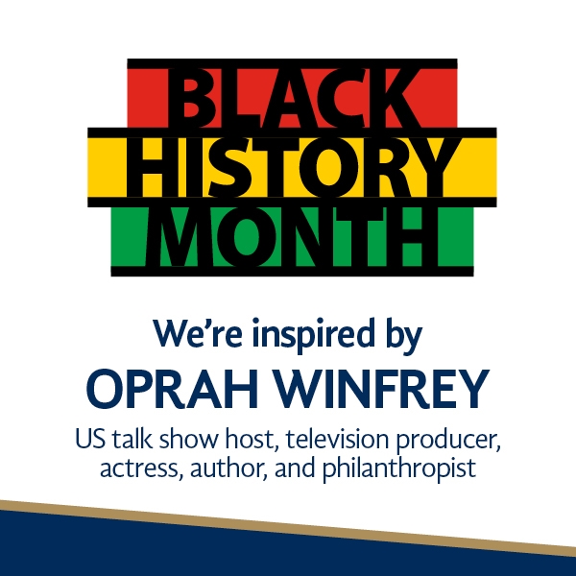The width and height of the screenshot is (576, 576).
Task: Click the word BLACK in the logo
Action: click(293, 98)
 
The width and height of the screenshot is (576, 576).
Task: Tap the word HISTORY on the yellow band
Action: click(292, 167)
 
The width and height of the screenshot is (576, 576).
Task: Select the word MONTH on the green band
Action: click(293, 236)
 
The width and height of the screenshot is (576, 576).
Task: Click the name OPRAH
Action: click(172, 390)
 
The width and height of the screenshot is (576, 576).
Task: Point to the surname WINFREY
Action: click(382, 390)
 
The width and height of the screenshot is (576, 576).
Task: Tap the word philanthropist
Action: click(399, 469)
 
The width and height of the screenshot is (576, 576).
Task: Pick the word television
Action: click(337, 439)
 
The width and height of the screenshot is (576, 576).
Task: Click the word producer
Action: click(448, 442)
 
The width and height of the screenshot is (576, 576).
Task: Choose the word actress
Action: click(142, 469)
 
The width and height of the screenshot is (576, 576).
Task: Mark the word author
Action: click(228, 469)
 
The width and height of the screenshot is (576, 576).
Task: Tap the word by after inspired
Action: click(403, 335)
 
